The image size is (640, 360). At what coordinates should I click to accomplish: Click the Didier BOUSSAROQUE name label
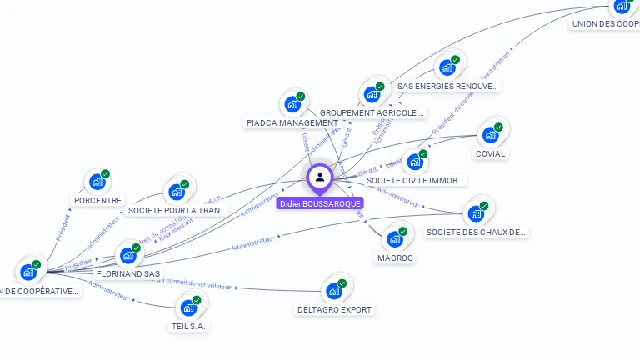[320, 203]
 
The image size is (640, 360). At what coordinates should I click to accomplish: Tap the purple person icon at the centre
[320, 177]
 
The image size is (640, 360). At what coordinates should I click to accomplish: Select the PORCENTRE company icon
[97, 182]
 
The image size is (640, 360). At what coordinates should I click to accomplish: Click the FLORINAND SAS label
[128, 273]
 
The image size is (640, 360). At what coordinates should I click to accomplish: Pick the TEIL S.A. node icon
[188, 307]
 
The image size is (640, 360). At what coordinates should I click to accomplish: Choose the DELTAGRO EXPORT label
[334, 310]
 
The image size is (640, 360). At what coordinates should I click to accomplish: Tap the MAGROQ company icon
[395, 239]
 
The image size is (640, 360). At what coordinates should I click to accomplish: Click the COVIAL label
[490, 154]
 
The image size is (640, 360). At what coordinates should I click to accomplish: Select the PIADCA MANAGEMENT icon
[292, 104]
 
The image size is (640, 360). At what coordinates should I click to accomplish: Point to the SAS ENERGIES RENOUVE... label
[447, 86]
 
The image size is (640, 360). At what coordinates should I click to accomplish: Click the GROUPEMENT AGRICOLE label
[372, 112]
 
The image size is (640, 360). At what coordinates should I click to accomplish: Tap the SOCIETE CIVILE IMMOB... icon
[415, 162]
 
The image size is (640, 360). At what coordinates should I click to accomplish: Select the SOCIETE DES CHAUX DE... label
[475, 232]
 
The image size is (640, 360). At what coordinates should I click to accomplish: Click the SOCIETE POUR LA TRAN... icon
[177, 192]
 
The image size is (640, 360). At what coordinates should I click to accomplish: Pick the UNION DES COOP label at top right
[605, 24]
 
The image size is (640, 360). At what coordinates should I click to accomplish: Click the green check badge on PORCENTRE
[106, 174]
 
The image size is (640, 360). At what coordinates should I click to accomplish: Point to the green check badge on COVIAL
[498, 127]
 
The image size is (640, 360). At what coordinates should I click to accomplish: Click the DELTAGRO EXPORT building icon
[334, 291]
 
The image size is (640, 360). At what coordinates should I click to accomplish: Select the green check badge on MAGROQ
[403, 232]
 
